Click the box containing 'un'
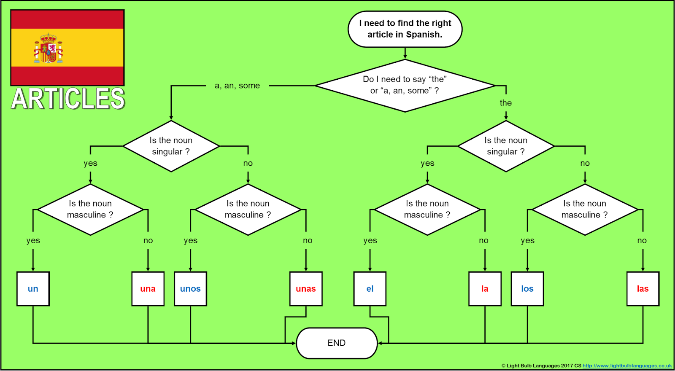pos(33,289)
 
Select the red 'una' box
pos(148,289)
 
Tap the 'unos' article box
pos(190,289)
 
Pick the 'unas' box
pos(306,289)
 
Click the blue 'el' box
pos(370,289)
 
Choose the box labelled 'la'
pos(485,289)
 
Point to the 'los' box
pos(527,289)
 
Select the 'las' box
pos(643,289)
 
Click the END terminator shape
pos(337,343)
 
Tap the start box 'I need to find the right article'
pos(405,29)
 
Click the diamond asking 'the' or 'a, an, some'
pos(405,85)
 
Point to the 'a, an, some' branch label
pos(237,86)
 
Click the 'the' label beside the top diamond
pos(505,103)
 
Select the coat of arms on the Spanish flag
pos(49,48)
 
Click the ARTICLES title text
pos(68,99)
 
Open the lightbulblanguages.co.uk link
pos(627,366)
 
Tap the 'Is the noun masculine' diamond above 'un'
pos(90,210)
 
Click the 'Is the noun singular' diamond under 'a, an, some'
pos(171,146)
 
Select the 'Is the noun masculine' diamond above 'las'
pos(585,210)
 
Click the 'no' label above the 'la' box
pos(483,240)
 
